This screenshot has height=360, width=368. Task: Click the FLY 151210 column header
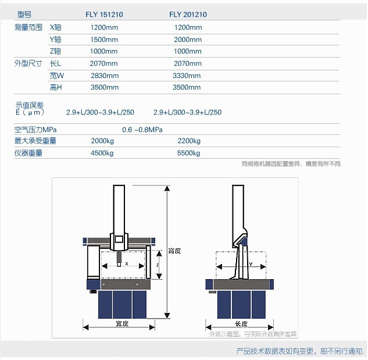[x=104, y=15]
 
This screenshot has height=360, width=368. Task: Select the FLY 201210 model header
[x=188, y=15]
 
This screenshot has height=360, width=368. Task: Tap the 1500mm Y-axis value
[x=104, y=40]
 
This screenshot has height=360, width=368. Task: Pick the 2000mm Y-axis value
[x=188, y=40]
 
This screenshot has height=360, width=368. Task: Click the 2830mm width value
[x=105, y=76]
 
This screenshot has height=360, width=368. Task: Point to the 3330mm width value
[x=187, y=76]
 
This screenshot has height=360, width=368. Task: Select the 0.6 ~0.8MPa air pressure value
[x=142, y=130]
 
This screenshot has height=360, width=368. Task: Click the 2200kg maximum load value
[x=189, y=141]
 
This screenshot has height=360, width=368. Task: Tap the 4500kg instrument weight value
[x=102, y=153]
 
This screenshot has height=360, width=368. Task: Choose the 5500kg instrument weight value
[x=189, y=153]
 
